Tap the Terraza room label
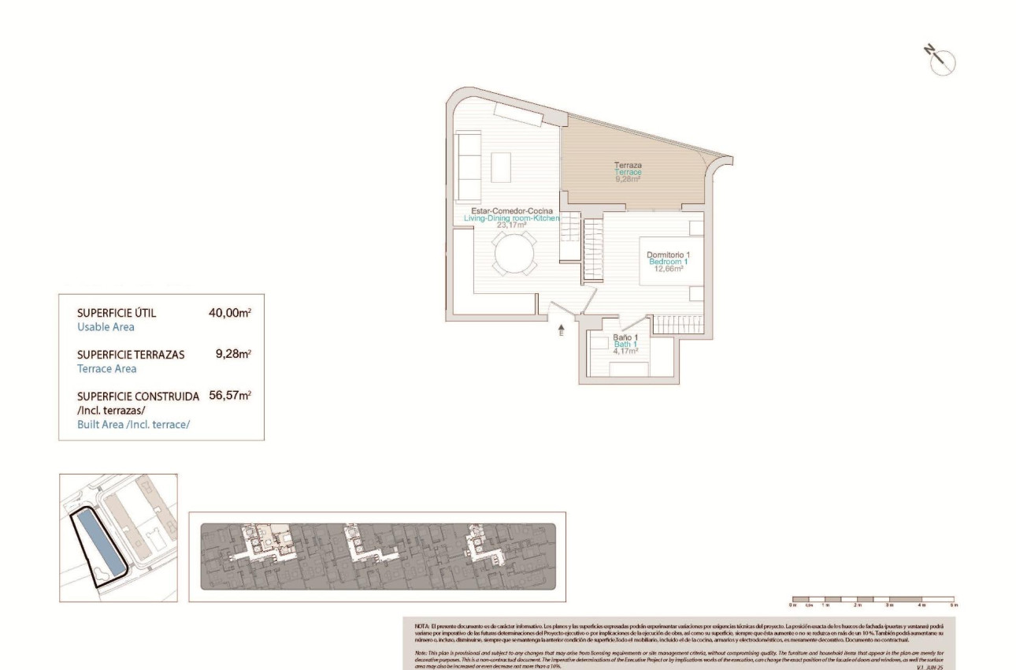tap(628, 166)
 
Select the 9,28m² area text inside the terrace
tap(628, 179)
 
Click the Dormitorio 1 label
tap(667, 254)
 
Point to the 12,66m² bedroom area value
tap(667, 268)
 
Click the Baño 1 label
tap(625, 337)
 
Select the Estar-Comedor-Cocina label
tap(511, 210)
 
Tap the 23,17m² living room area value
tap(511, 225)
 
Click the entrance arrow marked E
tap(561, 329)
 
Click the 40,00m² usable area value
tap(229, 313)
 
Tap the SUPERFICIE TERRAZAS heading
tap(131, 355)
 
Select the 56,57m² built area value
tap(229, 396)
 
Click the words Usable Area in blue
tap(106, 326)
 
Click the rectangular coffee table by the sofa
tap(502, 167)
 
